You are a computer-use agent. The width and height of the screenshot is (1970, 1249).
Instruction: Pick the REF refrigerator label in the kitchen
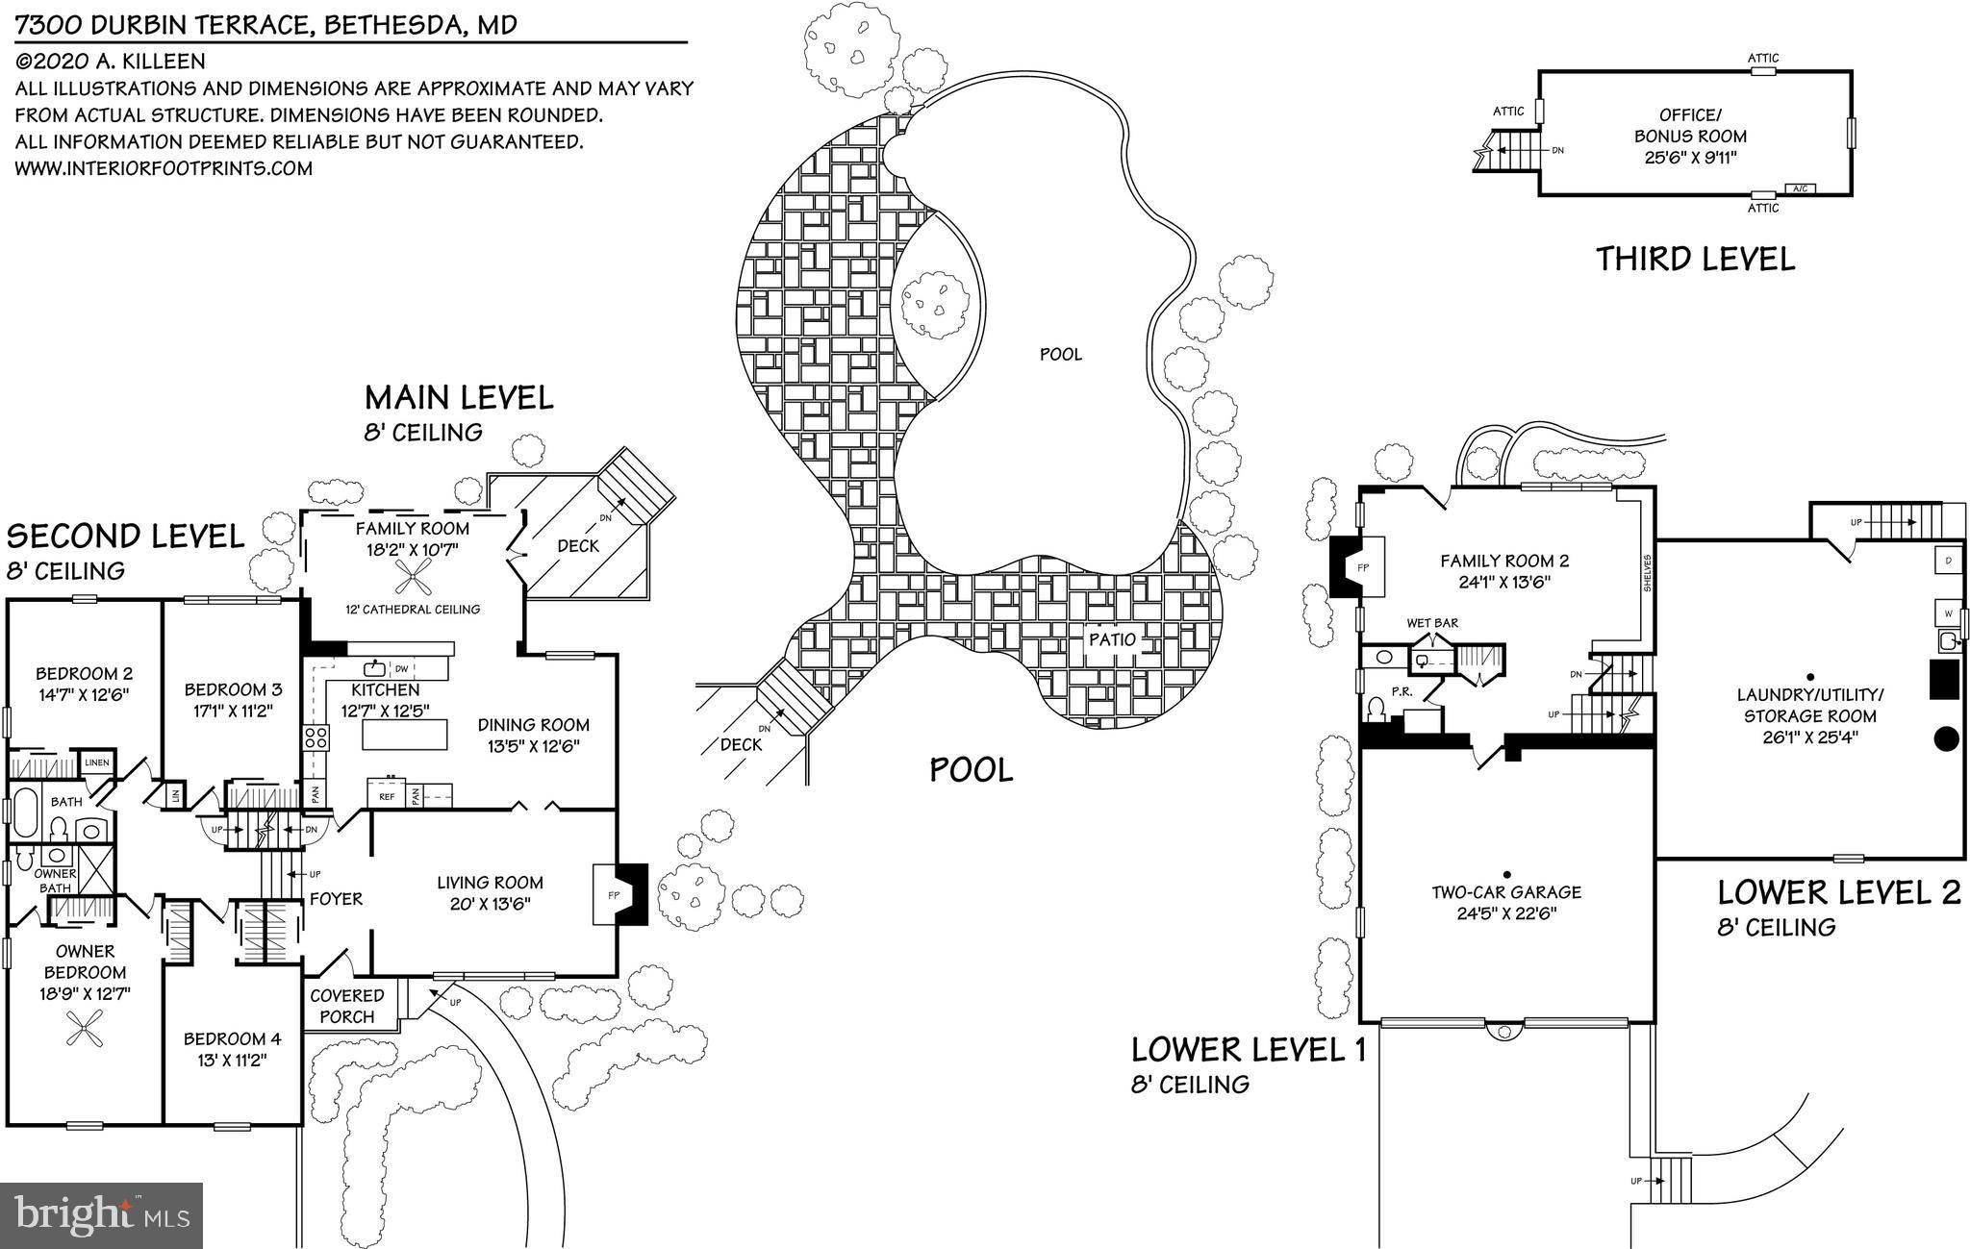[386, 796]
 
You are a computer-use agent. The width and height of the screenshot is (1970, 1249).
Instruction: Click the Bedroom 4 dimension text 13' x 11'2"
[232, 1061]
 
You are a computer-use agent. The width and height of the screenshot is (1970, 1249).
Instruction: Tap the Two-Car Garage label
[1505, 892]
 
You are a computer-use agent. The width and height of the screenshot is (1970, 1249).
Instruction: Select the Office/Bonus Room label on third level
[1689, 126]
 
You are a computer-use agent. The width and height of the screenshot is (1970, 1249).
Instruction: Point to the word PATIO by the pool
[1112, 639]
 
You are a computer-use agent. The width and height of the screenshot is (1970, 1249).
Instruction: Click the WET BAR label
[1432, 623]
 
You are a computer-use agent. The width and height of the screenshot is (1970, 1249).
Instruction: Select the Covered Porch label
[346, 1006]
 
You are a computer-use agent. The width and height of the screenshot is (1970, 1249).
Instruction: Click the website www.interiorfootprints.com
[164, 168]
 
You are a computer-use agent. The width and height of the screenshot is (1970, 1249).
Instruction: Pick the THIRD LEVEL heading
[1695, 260]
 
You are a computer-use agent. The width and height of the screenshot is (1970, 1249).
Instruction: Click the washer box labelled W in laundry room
[1948, 612]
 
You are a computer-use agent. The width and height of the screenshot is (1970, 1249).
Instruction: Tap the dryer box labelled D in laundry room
[1948, 560]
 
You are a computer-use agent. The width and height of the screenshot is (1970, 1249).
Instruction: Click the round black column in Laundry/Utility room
[1946, 738]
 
